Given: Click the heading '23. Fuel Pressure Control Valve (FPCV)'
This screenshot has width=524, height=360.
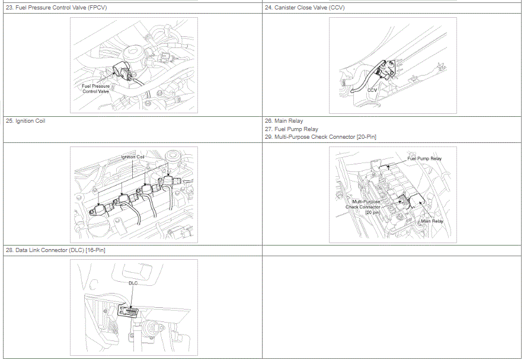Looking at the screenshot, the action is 56,8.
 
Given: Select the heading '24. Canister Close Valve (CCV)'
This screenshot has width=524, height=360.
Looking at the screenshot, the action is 305,8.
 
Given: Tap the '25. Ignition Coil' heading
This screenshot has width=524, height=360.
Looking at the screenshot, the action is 25,121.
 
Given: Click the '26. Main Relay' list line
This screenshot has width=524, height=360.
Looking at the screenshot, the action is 284,121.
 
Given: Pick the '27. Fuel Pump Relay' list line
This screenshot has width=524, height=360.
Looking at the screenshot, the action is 292,129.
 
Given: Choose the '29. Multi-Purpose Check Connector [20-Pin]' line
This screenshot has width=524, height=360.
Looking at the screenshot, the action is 321,137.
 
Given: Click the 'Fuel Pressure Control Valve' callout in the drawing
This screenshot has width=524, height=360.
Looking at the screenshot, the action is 95,88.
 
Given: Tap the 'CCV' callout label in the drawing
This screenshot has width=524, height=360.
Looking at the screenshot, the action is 372,90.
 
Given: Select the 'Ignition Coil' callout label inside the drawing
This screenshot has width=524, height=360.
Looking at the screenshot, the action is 133,157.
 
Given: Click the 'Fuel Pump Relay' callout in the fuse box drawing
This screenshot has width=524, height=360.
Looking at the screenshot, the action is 424,158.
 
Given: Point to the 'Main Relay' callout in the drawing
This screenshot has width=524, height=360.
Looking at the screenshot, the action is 432,221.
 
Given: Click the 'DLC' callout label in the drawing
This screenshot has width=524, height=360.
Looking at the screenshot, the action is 133,283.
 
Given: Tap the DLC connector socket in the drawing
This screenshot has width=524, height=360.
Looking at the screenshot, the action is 129,312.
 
